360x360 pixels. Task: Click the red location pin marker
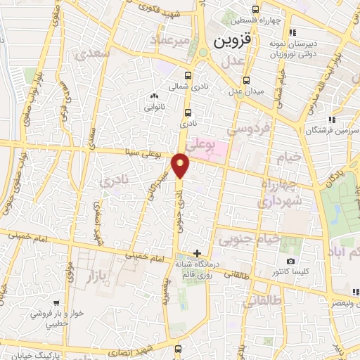[x=181, y=166]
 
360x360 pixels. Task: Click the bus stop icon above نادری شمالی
[x=187, y=75]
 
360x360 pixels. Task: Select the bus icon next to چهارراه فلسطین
[x=255, y=10]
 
